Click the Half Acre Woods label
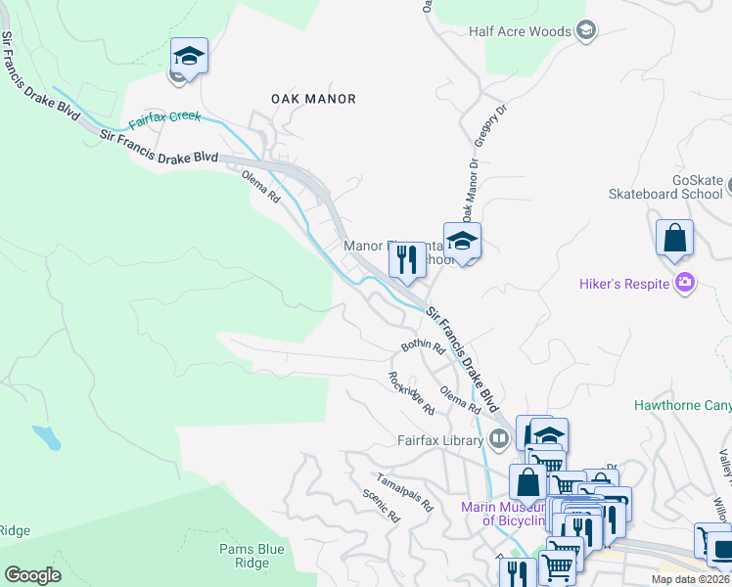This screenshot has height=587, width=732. click(519, 31)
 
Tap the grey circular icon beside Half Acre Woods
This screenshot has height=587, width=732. click(586, 31)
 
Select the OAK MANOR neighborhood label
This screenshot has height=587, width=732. click(312, 99)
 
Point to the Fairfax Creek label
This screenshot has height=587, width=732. click(164, 118)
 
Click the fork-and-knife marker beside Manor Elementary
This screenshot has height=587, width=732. click(406, 260)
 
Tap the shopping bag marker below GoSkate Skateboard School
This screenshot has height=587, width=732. click(674, 239)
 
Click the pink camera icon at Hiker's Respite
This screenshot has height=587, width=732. click(685, 284)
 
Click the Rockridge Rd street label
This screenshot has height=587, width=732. click(410, 391)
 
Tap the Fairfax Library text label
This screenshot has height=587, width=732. click(439, 440)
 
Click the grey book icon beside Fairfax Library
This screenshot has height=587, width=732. click(499, 439)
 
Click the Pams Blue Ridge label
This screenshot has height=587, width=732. click(244, 556)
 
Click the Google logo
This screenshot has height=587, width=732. click(32, 575)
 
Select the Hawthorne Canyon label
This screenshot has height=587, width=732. click(682, 404)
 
